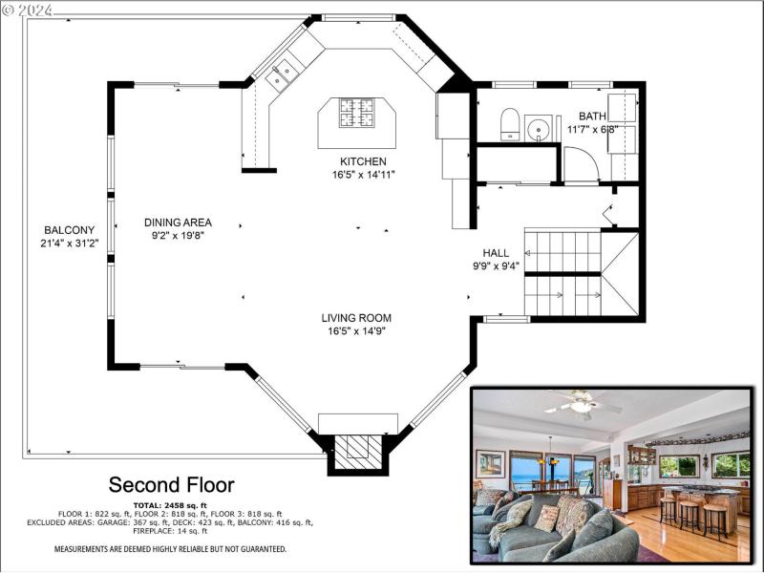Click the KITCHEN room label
363,161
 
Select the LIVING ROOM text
356,318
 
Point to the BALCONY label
70,230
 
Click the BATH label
592,116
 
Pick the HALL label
495,253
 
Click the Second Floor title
171,484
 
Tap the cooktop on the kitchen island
358,114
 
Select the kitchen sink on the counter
283,73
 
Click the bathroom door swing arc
581,165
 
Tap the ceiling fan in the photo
581,405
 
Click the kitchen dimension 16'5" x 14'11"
363,175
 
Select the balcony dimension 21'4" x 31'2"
70,244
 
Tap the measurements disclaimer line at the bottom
170,549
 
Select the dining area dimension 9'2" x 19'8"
179,235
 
